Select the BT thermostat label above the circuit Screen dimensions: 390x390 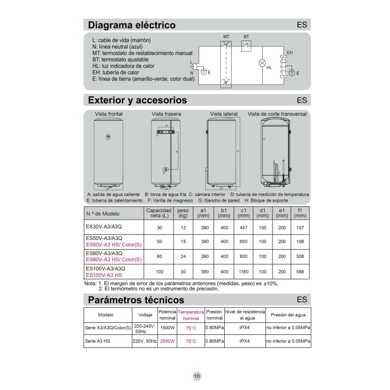tap(246, 37)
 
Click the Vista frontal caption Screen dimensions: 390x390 tap(109, 114)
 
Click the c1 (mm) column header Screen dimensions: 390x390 tap(243, 213)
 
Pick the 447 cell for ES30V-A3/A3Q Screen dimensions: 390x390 tap(243, 227)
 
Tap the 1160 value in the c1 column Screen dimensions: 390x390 tap(243, 272)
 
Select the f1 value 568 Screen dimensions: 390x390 tap(300, 272)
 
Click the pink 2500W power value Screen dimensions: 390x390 tap(167, 341)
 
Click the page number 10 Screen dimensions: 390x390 tap(196, 376)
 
